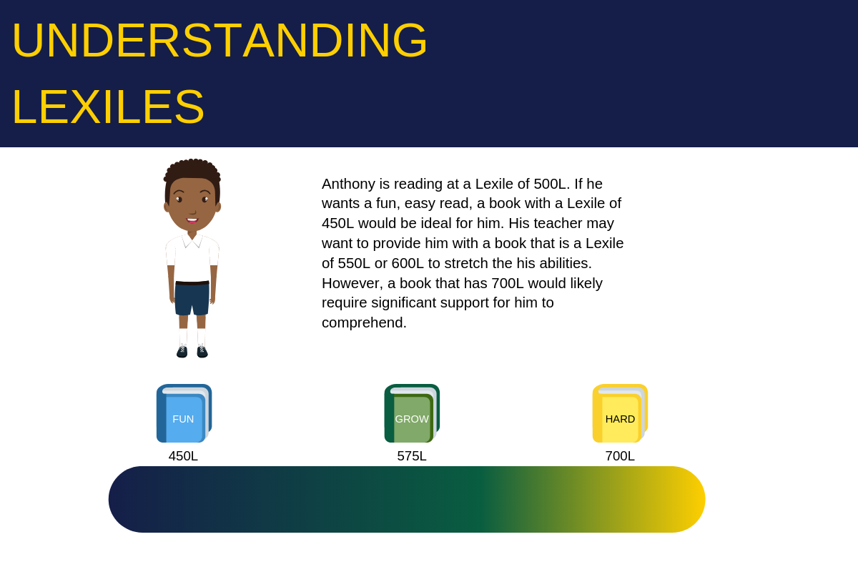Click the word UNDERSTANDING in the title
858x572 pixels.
[219, 41]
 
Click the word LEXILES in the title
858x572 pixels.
[108, 107]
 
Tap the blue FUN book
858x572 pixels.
[184, 414]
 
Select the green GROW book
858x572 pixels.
[412, 414]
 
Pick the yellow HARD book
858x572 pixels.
[620, 414]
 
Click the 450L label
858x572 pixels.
[183, 456]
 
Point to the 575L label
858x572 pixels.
[412, 456]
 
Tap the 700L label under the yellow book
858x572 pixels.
[620, 456]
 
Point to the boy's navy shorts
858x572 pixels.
[192, 299]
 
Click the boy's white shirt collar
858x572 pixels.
[192, 240]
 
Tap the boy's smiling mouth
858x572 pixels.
[192, 220]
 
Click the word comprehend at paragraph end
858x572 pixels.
[363, 322]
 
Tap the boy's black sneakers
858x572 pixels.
[192, 351]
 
